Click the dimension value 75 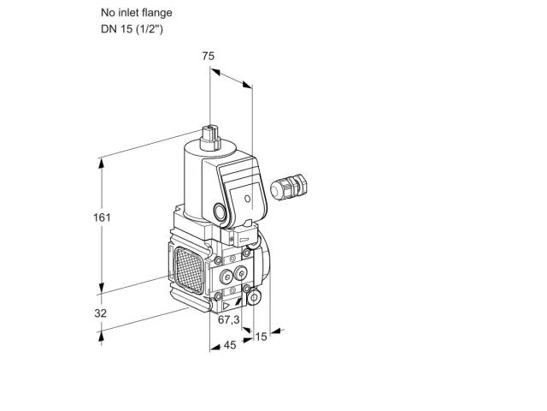pos(209,56)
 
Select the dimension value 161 pos(102,217)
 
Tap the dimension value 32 pos(101,313)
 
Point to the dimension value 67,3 pos(229,319)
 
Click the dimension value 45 pos(230,345)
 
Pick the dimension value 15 pos(261,337)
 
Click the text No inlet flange pos(137,13)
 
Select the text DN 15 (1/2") pos(132,29)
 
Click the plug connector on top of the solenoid pos(210,139)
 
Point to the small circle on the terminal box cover pos(247,199)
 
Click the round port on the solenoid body pos(220,212)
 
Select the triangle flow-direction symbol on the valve pos(226,307)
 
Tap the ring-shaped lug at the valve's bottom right pos(255,297)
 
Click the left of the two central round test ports pos(226,277)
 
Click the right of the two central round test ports pos(241,274)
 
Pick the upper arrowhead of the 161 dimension pos(102,164)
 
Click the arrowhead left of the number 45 pos(215,347)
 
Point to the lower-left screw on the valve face pos(218,296)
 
